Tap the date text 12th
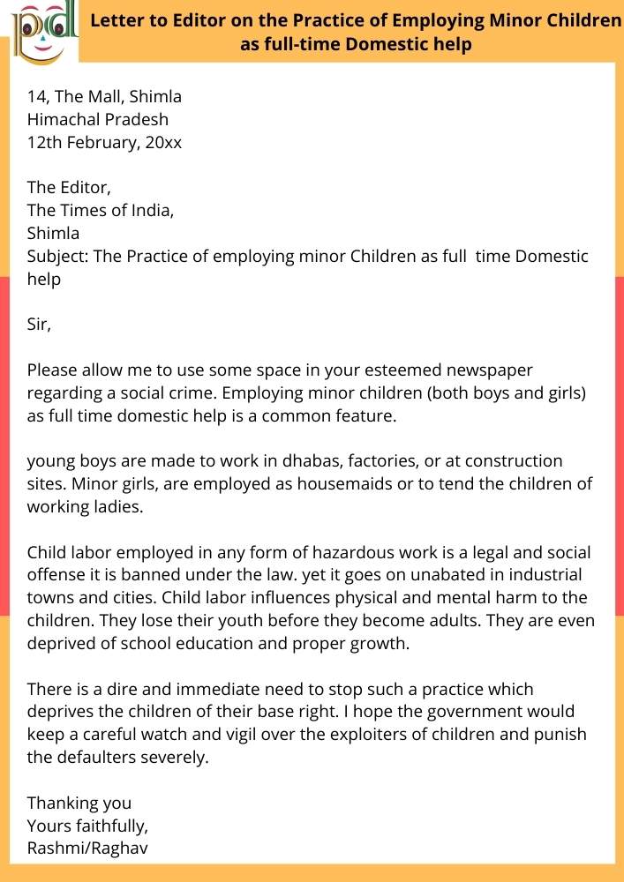(x=45, y=141)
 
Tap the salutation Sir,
(x=40, y=325)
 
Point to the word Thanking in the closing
(x=61, y=804)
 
